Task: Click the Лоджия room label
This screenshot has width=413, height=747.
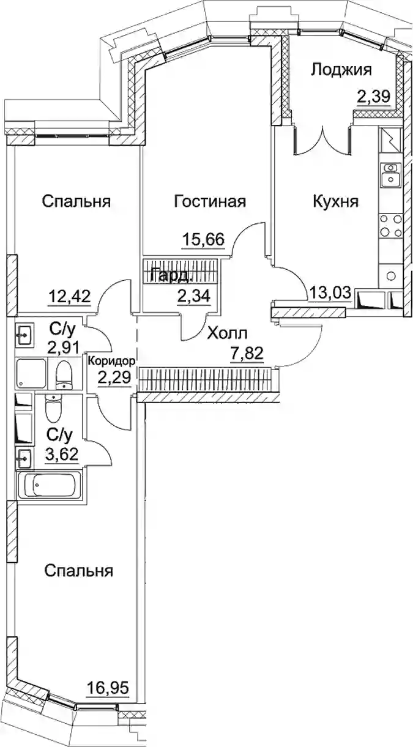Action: point(341,71)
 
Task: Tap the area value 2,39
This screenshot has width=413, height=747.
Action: point(374,97)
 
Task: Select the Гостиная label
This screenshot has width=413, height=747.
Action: point(210,202)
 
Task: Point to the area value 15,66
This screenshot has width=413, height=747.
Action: point(203,239)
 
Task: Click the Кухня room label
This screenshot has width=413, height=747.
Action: point(336,202)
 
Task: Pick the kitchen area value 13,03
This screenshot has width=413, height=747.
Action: point(330,293)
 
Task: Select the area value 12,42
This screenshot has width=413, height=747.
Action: point(69,295)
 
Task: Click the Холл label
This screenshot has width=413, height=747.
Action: point(227,333)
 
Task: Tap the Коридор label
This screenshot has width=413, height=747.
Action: point(112,361)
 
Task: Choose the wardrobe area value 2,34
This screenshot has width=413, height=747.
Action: point(194,295)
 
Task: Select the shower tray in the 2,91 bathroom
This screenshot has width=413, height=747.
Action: point(31,373)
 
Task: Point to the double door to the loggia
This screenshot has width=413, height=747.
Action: point(322,139)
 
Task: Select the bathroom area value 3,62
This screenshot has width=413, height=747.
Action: point(62,454)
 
